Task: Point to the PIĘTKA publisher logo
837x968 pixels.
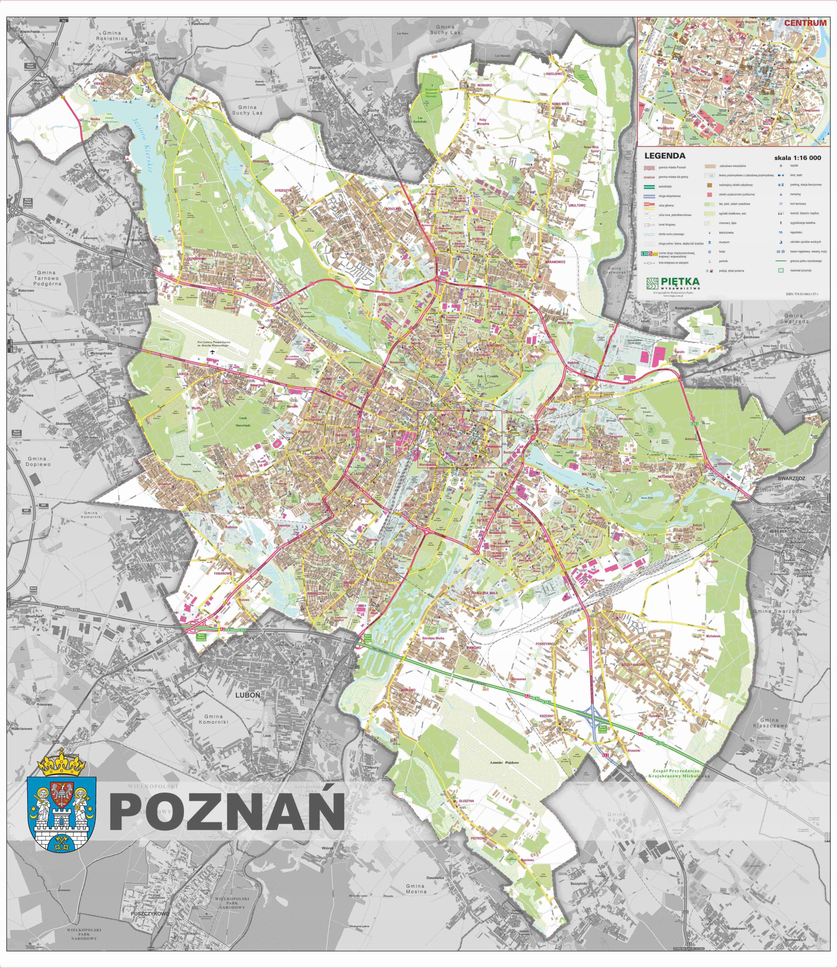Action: click(673, 282)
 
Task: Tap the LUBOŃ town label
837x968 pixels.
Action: click(247, 695)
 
